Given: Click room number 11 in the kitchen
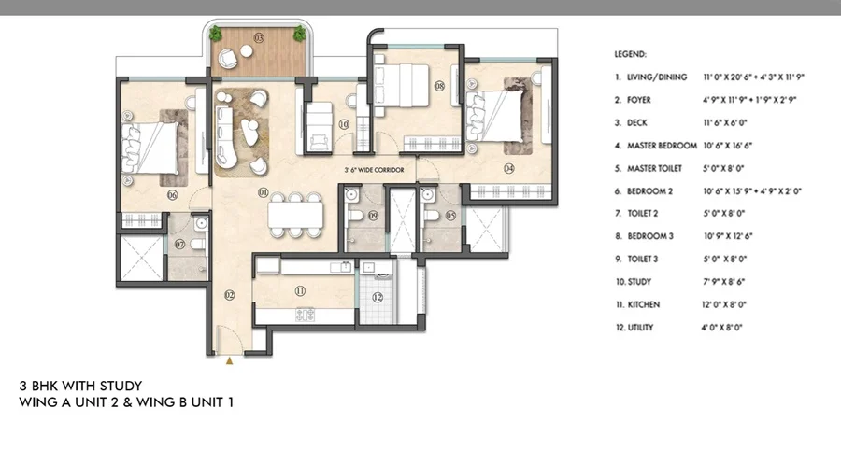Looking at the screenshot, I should coord(300,290).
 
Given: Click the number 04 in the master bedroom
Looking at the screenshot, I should coord(508,169).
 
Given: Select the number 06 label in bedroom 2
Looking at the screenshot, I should coord(173,195).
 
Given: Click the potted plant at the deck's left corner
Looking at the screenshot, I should coord(216,35).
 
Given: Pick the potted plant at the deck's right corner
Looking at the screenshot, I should coord(300,35).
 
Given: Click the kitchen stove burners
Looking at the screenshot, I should coord(305,315).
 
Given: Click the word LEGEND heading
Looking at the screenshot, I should coord(630,55).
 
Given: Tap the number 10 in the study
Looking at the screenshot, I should coord(344,123).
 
